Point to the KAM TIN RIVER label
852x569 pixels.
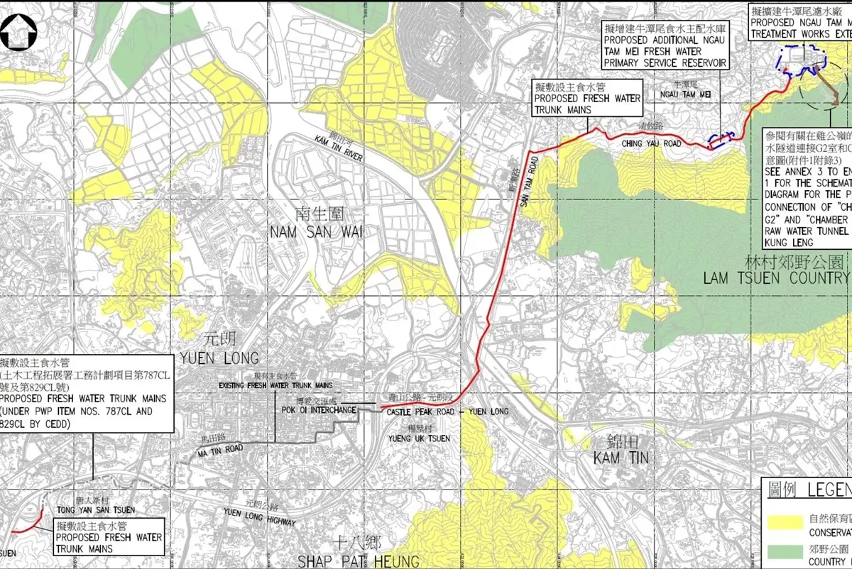coord(337,148)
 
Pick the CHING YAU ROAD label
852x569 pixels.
coord(651,144)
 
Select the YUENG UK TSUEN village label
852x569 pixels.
coord(419,438)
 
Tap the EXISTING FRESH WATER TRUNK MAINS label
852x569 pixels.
coord(275,385)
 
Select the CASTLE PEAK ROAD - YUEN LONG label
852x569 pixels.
coord(448,412)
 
